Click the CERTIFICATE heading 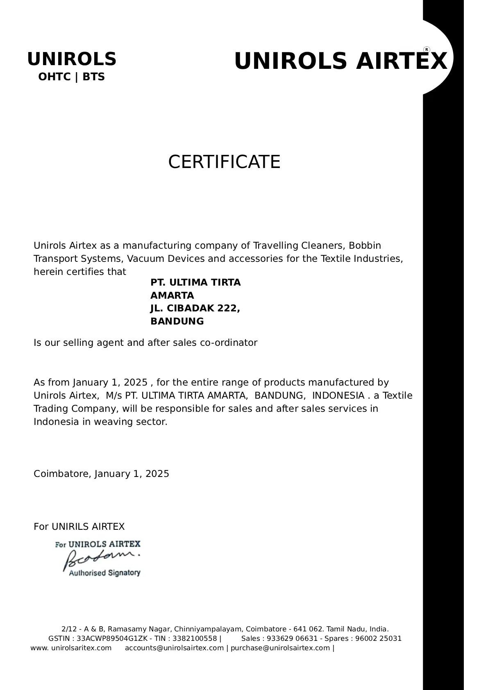coord(224,162)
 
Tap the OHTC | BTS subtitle coord(71,77)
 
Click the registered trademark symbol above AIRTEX coord(427,50)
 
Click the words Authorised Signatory coord(104,573)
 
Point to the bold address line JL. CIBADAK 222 coord(195,308)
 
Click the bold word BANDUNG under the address coord(177,321)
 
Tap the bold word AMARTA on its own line coord(172,295)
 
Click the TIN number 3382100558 coord(195,638)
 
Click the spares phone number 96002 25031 coord(378,638)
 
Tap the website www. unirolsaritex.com coord(71,648)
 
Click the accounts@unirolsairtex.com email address coord(174,648)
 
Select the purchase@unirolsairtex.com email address coord(280,648)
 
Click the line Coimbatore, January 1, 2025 coord(101,474)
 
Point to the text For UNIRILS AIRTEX coord(79,527)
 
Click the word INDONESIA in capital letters coord(338,395)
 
